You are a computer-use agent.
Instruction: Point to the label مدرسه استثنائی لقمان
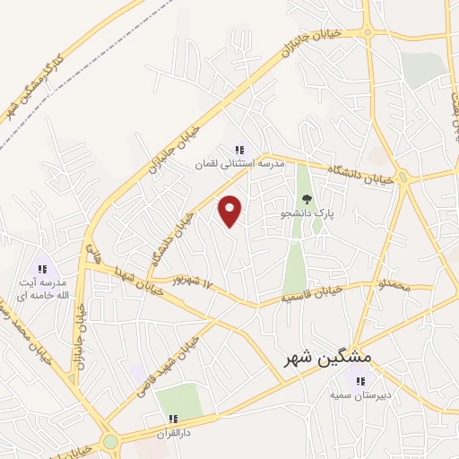[240, 165]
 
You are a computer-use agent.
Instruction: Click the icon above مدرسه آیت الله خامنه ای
[41, 269]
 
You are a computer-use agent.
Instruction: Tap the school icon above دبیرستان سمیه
[360, 381]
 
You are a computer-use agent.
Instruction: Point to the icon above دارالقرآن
[173, 419]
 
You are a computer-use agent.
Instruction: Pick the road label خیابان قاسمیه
[312, 292]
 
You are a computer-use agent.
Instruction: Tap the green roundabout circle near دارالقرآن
[110, 442]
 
